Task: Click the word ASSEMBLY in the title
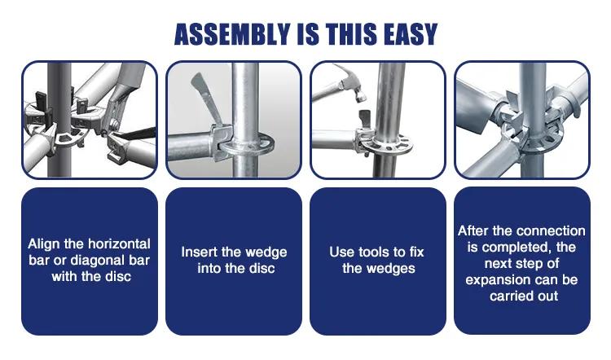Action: (x=232, y=34)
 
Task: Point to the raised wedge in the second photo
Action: (x=207, y=98)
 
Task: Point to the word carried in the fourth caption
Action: (x=507, y=296)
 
